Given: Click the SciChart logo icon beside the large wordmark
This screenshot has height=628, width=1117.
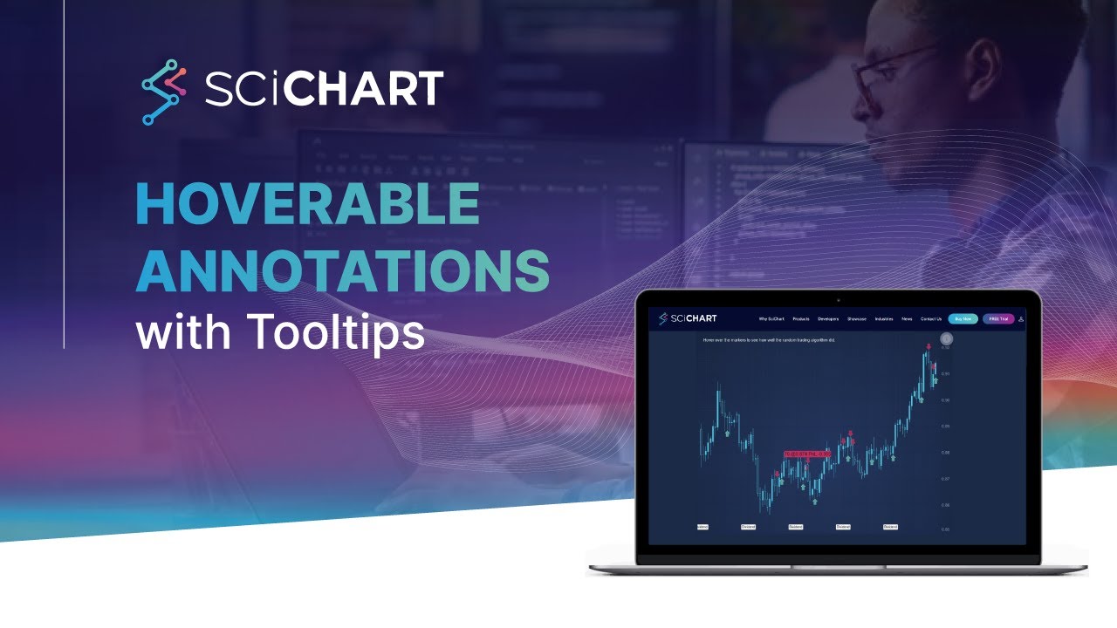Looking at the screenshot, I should coord(164,92).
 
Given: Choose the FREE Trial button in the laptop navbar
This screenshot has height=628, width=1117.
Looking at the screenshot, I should coord(998,319).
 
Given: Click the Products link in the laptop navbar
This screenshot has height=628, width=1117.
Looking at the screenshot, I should coord(801,319).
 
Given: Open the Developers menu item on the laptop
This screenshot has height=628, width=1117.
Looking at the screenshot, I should coord(828,319).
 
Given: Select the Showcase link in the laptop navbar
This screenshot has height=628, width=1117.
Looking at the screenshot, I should coord(857,319).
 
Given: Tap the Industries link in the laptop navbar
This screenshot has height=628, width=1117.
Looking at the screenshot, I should coord(884,319).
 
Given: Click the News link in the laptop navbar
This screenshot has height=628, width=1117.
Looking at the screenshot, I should coord(907,319).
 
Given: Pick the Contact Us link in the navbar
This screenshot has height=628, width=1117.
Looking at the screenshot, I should coord(931,319).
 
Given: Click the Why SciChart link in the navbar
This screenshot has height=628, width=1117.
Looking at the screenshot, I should coord(771,319).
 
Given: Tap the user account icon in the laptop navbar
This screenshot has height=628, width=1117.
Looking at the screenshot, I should coord(1021,319).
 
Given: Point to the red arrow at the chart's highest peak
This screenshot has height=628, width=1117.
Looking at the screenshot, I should coord(929,347).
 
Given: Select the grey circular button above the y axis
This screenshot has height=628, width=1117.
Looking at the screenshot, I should coord(945,339).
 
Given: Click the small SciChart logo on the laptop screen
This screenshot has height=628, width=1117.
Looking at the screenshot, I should coord(688,318).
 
